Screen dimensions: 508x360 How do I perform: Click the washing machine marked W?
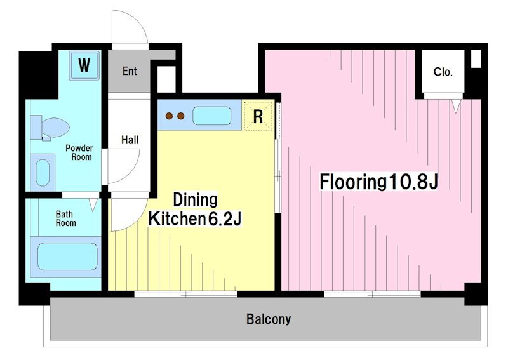click(84, 65)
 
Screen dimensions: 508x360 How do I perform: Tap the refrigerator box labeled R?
click(258, 116)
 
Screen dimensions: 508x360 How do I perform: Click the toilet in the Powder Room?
click(50, 128)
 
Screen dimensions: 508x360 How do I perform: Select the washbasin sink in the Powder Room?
click(43, 173)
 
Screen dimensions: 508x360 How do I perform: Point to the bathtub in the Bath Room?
click(67, 257)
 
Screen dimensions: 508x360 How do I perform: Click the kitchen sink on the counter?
click(212, 116)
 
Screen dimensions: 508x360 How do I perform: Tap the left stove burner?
click(169, 116)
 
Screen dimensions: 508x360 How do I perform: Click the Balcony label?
click(269, 319)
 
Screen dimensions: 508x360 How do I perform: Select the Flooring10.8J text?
click(378, 182)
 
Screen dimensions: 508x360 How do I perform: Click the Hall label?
click(130, 140)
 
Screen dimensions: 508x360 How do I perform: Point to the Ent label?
click(130, 71)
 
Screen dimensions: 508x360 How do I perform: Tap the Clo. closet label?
click(443, 72)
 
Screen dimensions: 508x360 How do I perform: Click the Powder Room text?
click(79, 152)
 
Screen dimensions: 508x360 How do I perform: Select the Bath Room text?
click(66, 218)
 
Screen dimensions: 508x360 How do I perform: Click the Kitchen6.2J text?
click(195, 219)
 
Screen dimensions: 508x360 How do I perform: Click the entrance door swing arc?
click(139, 20)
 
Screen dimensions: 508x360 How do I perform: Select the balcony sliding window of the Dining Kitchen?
click(186, 294)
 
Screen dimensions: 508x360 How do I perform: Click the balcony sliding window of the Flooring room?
click(373, 294)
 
